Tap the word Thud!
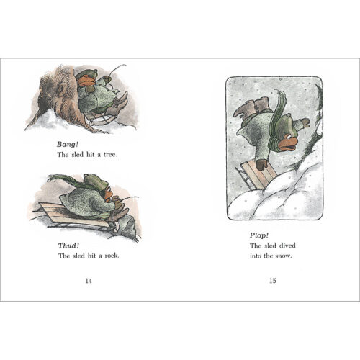click(x=68, y=245)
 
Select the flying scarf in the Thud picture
click(x=65, y=178)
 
